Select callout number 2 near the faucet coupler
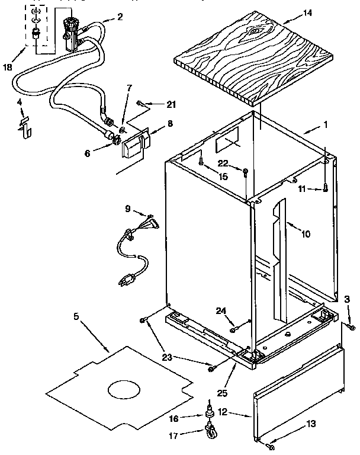pos(120,16)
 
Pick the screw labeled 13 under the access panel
pos(270,446)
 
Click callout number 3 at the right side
pos(348,300)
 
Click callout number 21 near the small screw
pos(171,105)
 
